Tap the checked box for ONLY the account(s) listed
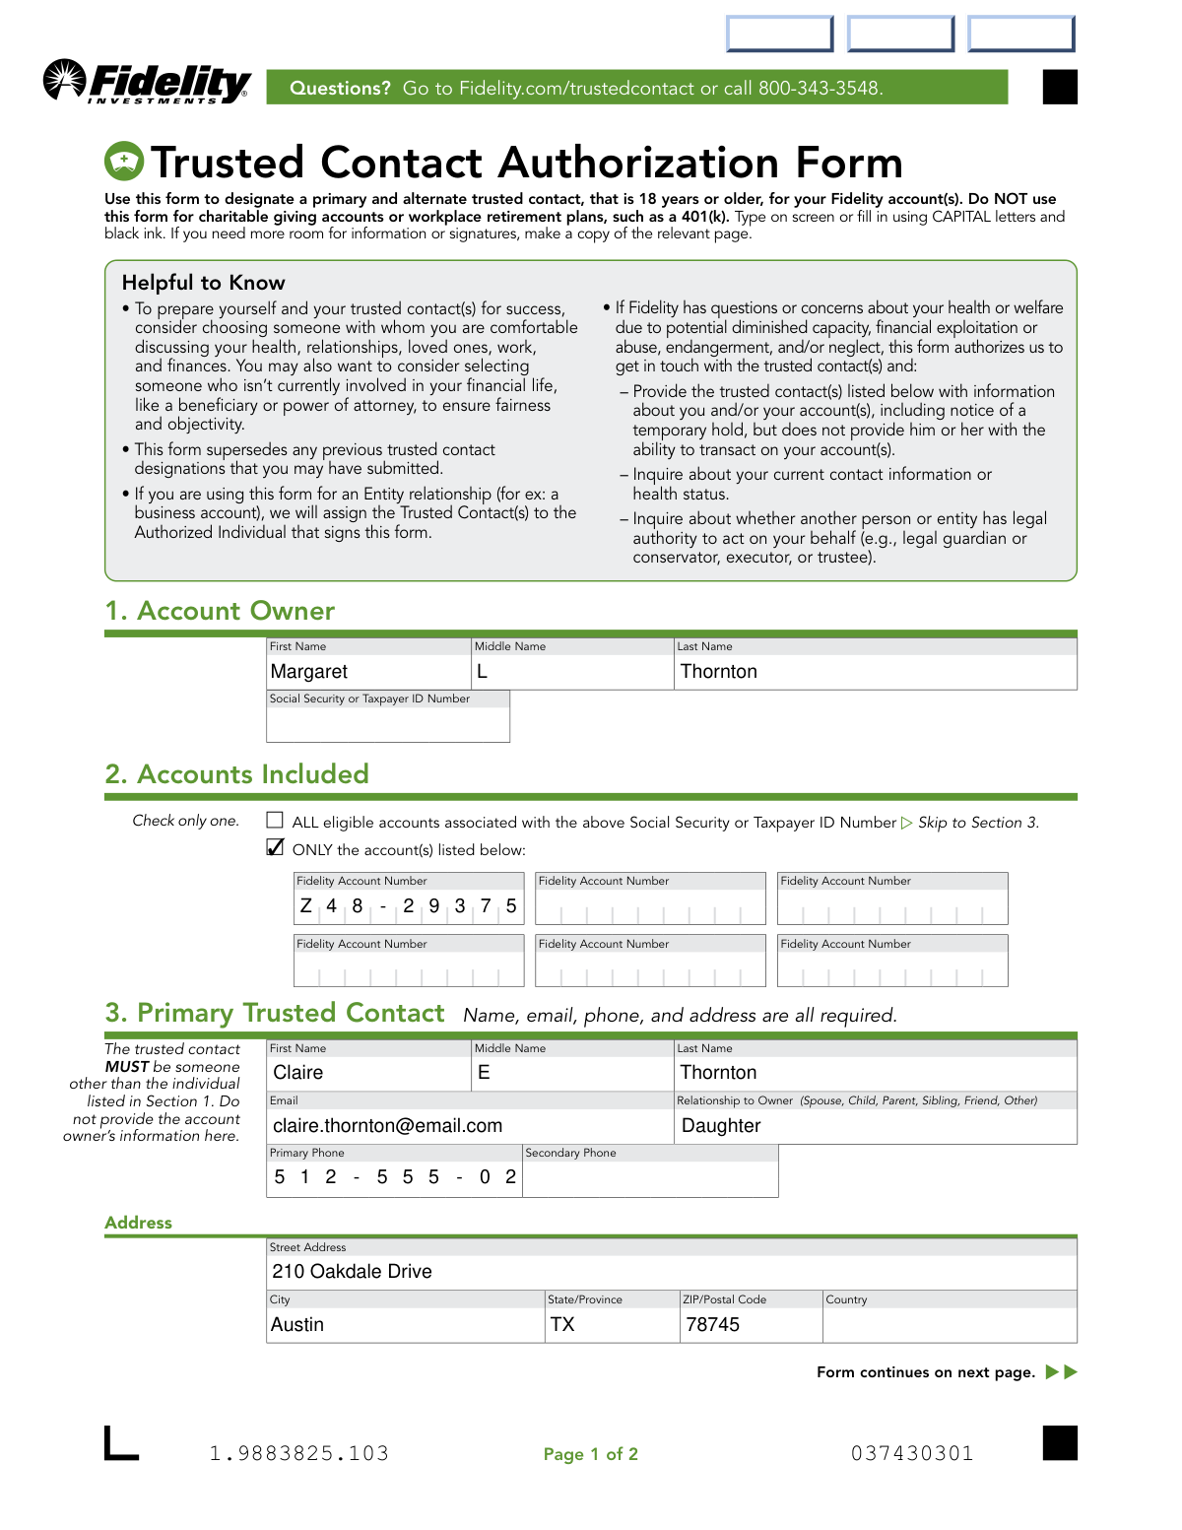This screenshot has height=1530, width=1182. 275,847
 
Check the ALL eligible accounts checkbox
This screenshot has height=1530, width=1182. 275,820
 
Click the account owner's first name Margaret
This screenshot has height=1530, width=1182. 309,672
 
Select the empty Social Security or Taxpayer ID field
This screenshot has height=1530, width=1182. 388,724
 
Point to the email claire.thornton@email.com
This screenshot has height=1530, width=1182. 388,1126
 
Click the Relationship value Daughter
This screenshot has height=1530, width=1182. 721,1126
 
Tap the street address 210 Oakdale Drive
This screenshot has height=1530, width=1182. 353,1272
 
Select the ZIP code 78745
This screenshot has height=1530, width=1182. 713,1325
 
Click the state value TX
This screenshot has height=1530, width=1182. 562,1325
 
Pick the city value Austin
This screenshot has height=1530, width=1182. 297,1325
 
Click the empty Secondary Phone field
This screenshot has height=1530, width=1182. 650,1178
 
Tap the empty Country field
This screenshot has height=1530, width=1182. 950,1325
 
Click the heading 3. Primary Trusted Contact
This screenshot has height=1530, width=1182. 275,1014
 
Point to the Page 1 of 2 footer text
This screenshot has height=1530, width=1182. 591,1454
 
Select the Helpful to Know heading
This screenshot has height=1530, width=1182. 204,283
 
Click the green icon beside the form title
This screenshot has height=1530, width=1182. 124,162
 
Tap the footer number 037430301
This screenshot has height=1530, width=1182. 912,1454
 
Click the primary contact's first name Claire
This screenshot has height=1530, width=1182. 298,1073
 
